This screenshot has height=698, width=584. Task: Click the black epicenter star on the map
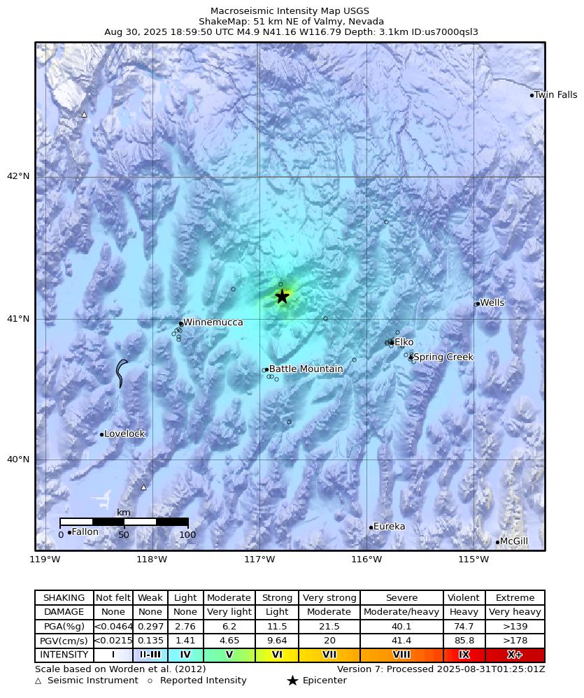click(x=282, y=297)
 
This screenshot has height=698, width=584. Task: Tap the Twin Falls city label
click(x=555, y=95)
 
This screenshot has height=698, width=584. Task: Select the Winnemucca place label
click(x=213, y=322)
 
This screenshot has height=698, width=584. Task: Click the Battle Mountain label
click(x=306, y=369)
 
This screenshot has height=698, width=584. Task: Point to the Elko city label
click(x=404, y=342)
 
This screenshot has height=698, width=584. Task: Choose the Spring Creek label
click(x=443, y=357)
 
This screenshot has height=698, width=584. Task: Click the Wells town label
click(x=492, y=303)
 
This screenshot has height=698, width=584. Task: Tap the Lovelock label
click(x=124, y=434)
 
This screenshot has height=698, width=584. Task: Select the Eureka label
click(x=389, y=527)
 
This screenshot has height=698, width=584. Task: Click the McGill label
click(x=514, y=541)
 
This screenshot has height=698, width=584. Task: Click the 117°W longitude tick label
click(x=259, y=560)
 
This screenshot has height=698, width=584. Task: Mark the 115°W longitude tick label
click(x=473, y=560)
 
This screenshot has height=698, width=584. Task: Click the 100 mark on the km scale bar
click(x=187, y=535)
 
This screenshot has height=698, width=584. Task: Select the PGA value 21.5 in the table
click(x=329, y=627)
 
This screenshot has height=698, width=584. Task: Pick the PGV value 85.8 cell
click(x=464, y=641)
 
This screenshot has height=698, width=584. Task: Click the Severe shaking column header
click(x=401, y=598)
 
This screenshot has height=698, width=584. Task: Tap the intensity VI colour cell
click(x=277, y=655)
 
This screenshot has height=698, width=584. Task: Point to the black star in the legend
click(x=292, y=681)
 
